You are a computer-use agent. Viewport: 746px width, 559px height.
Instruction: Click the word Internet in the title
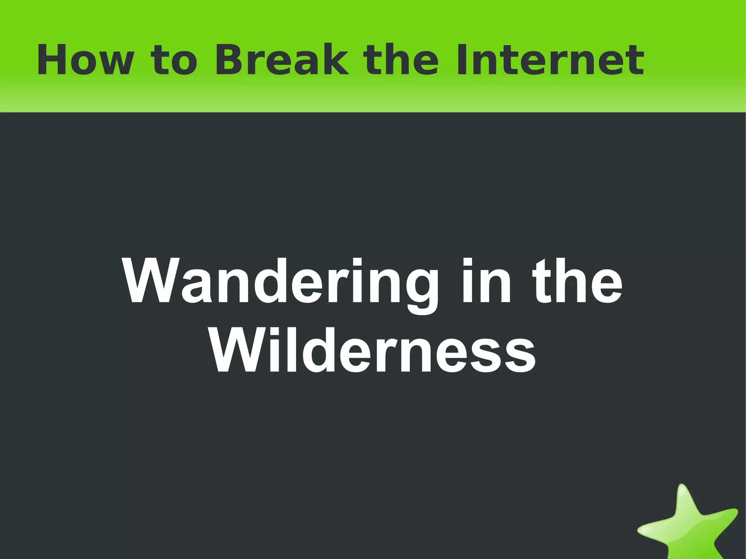tap(550, 60)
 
